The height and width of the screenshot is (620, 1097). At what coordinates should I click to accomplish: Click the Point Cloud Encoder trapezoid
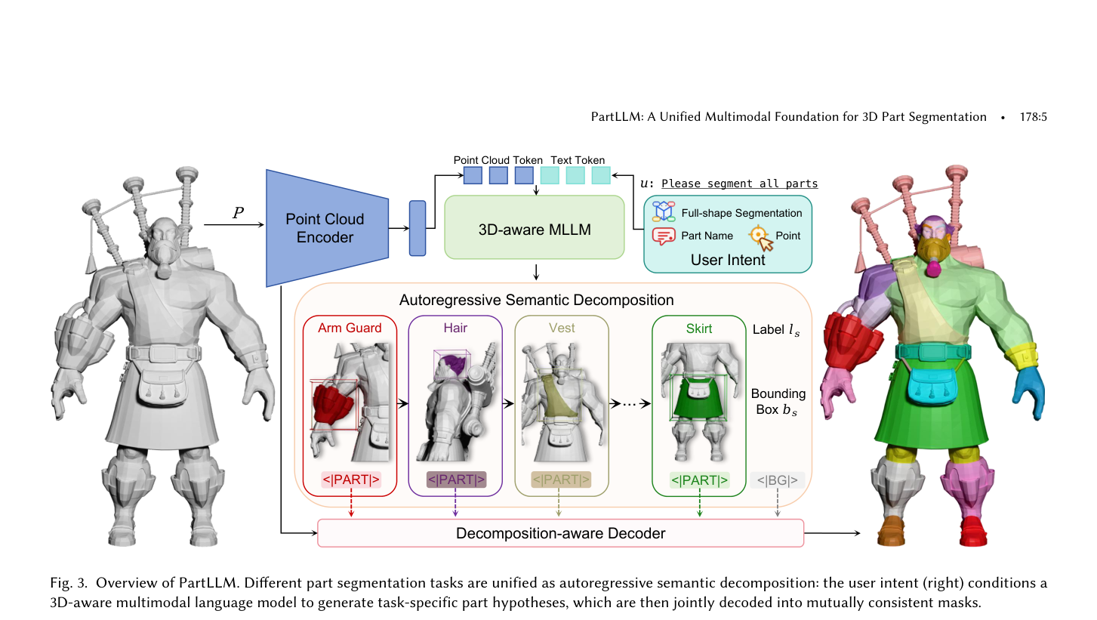pos(327,228)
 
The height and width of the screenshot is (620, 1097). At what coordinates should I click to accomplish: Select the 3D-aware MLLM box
pos(535,227)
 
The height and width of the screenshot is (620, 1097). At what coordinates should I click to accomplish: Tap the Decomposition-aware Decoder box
pos(561,533)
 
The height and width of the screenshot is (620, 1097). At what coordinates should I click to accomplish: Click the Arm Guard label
pos(350,328)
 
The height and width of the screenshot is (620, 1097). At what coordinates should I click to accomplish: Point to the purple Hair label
pos(455,328)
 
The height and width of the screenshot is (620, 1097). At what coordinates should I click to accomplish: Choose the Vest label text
pos(562,328)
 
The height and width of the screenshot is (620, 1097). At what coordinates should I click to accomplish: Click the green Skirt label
pos(699,329)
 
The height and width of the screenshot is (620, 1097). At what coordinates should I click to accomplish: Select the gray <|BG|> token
pos(777,480)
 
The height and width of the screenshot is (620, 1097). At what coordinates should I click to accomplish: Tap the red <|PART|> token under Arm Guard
pos(350,480)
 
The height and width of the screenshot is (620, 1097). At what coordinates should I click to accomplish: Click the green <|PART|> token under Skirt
pos(699,480)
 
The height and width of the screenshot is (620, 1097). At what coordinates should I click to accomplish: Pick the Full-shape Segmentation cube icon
pos(664,211)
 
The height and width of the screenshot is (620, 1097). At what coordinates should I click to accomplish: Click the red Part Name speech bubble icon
pos(664,236)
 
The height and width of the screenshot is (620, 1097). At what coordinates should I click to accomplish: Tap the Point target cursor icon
pos(761,238)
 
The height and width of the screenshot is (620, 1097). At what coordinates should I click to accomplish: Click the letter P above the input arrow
pos(238,212)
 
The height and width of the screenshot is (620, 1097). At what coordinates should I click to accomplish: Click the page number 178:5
pos(1034,117)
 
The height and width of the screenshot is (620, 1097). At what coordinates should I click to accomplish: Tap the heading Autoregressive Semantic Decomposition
pos(536,300)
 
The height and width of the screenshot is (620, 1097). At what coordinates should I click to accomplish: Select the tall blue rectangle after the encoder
pos(418,228)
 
